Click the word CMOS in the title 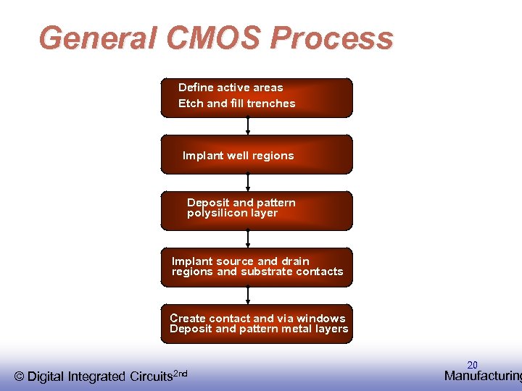pyautogui.click(x=218, y=38)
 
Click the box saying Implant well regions pyautogui.click(x=257, y=155)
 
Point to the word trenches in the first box pyautogui.click(x=272, y=104)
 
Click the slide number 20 pyautogui.click(x=472, y=365)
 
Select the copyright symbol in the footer pyautogui.click(x=19, y=376)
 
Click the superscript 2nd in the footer pyautogui.click(x=181, y=373)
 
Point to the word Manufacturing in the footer pyautogui.click(x=482, y=376)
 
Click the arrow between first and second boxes pyautogui.click(x=248, y=126)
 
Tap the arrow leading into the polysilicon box pyautogui.click(x=248, y=182)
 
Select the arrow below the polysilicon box pyautogui.click(x=248, y=239)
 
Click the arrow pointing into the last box pyautogui.click(x=248, y=295)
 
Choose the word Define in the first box pyautogui.click(x=196, y=88)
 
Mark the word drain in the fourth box pyautogui.click(x=295, y=261)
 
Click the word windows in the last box pyautogui.click(x=322, y=319)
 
